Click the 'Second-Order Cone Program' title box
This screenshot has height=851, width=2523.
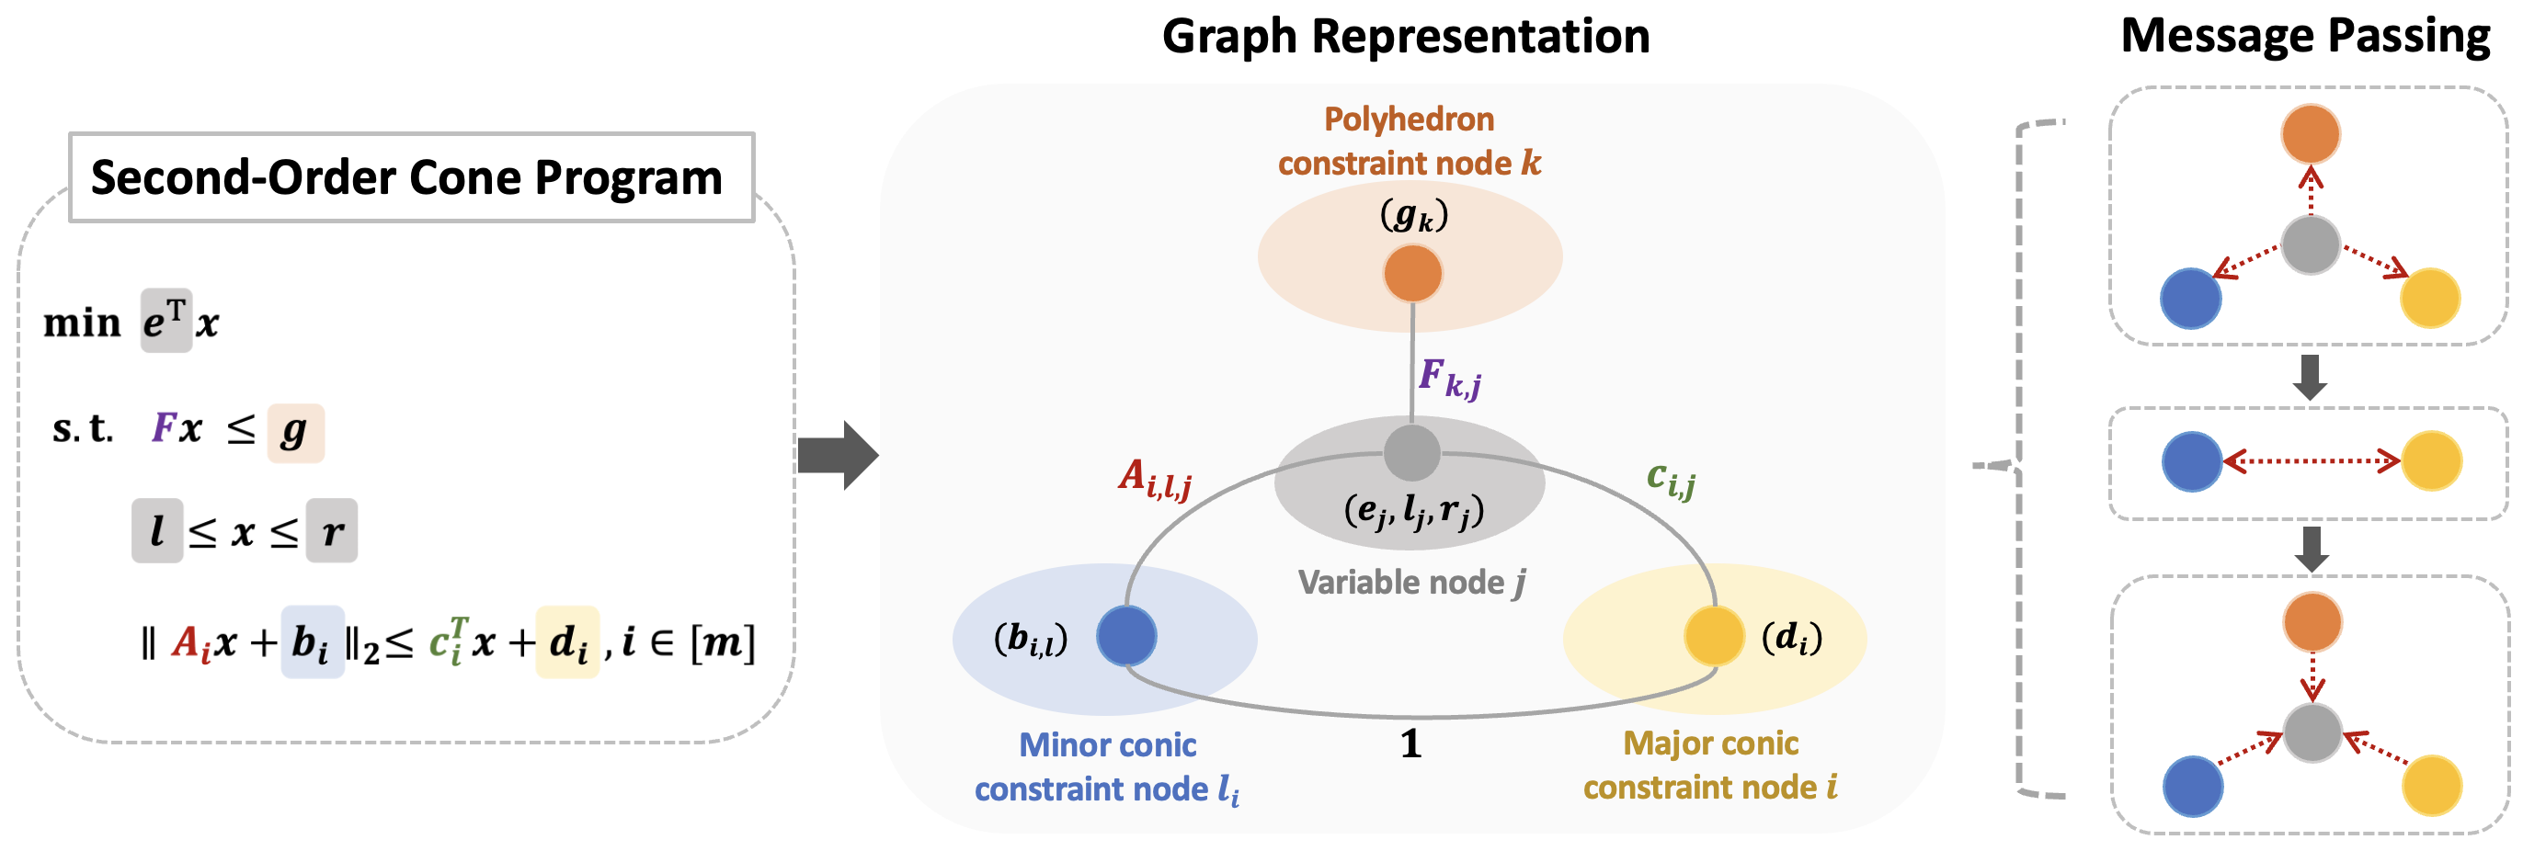410,177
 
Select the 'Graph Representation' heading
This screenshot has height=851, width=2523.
1406,36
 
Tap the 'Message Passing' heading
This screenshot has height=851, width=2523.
2304,36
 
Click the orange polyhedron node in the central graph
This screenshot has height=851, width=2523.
1412,272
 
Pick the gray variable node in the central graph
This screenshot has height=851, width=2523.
1411,452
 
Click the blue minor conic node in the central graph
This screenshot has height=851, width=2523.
1126,636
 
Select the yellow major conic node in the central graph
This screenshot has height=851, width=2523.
1714,636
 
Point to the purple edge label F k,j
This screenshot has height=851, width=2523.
1448,378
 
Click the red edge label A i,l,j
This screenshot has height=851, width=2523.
1155,479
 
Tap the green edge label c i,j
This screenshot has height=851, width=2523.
1671,479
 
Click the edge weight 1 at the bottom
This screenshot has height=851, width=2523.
1410,744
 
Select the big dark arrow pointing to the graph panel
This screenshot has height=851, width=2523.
838,456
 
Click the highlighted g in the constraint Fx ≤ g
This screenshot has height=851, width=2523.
295,432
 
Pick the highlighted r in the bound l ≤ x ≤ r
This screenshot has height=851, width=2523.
331,531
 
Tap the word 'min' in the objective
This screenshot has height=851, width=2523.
81,323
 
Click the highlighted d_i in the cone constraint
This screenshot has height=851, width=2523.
567,642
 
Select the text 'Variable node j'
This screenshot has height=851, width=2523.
1411,583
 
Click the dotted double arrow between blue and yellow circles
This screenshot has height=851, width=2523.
2312,460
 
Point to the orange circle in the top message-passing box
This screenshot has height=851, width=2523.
2311,134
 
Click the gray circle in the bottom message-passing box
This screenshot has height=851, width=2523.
2312,732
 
